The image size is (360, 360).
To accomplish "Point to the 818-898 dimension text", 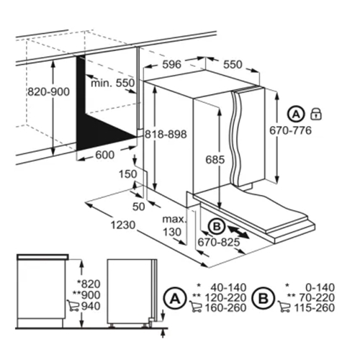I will tap(165, 135).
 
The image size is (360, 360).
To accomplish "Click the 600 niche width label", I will tap(105, 156).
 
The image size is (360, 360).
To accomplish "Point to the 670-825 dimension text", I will tap(215, 244).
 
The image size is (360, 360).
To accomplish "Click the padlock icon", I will tap(316, 113).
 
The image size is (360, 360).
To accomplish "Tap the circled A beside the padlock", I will tap(295, 113).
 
